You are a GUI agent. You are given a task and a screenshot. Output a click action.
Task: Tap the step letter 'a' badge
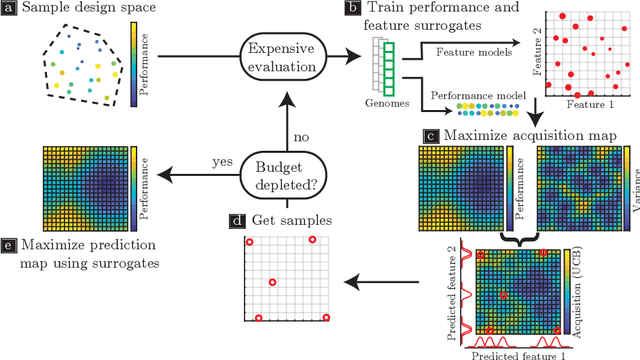point(11,10)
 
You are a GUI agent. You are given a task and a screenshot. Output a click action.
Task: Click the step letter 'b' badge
point(352,8)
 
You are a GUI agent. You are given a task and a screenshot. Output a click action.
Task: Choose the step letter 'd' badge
point(235,220)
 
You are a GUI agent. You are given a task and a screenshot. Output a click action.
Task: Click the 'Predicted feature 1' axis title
point(512,352)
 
